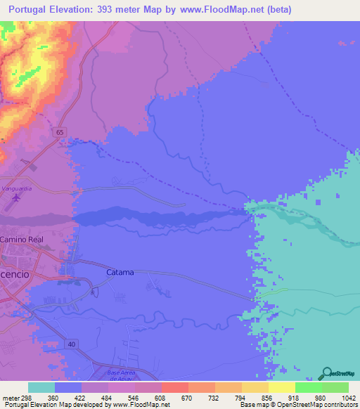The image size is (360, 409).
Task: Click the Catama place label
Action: [120, 272]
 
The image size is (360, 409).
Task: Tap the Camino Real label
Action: [21, 240]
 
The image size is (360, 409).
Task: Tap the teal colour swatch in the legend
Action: [41, 387]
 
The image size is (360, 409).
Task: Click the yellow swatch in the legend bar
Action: [282, 387]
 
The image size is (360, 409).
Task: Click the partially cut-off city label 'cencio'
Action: [15, 274]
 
